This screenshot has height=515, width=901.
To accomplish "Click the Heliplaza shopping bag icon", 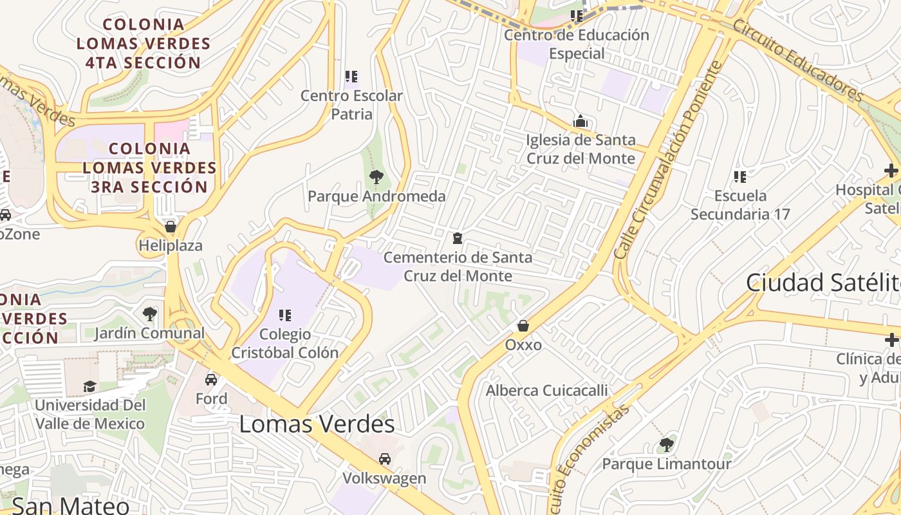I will point(171,227).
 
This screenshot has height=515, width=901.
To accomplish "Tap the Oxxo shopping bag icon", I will point(523,326).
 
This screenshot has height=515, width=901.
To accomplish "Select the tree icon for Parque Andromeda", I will point(376,177).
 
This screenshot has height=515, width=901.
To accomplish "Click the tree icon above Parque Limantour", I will point(667,445).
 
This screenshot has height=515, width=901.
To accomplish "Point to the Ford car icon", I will point(211,380).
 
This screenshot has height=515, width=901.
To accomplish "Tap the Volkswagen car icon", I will point(384,459).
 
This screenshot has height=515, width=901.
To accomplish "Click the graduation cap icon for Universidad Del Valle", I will point(89,386).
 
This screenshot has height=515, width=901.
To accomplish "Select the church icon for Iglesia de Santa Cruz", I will point(581,121).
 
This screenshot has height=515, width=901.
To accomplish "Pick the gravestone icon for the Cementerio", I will point(458,238).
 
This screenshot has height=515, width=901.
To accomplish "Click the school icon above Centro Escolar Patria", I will point(351,77).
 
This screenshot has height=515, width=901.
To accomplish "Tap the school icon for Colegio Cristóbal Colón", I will point(284,315).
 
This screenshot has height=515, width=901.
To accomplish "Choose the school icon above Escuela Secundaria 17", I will point(740,176).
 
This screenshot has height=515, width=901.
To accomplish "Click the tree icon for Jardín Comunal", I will point(149,314).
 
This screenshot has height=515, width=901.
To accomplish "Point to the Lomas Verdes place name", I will point(317,424).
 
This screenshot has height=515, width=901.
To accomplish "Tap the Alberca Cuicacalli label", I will point(546,390).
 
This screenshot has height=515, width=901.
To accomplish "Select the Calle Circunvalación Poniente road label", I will point(669,161).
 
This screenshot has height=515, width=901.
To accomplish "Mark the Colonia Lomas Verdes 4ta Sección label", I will point(144,44).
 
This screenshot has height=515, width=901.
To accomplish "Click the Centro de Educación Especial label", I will point(576,44).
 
